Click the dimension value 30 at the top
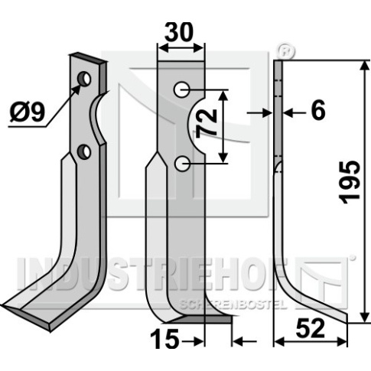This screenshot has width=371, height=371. click(179, 32)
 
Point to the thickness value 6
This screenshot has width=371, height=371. click(318, 110)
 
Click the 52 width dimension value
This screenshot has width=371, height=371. click(311, 329)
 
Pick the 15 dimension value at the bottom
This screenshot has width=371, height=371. click(164, 340)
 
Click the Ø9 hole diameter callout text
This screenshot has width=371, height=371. click(28, 112)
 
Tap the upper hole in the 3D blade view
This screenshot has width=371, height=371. click(85, 79)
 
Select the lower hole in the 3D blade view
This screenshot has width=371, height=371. click(84, 151)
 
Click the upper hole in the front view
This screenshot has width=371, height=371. click(182, 89)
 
